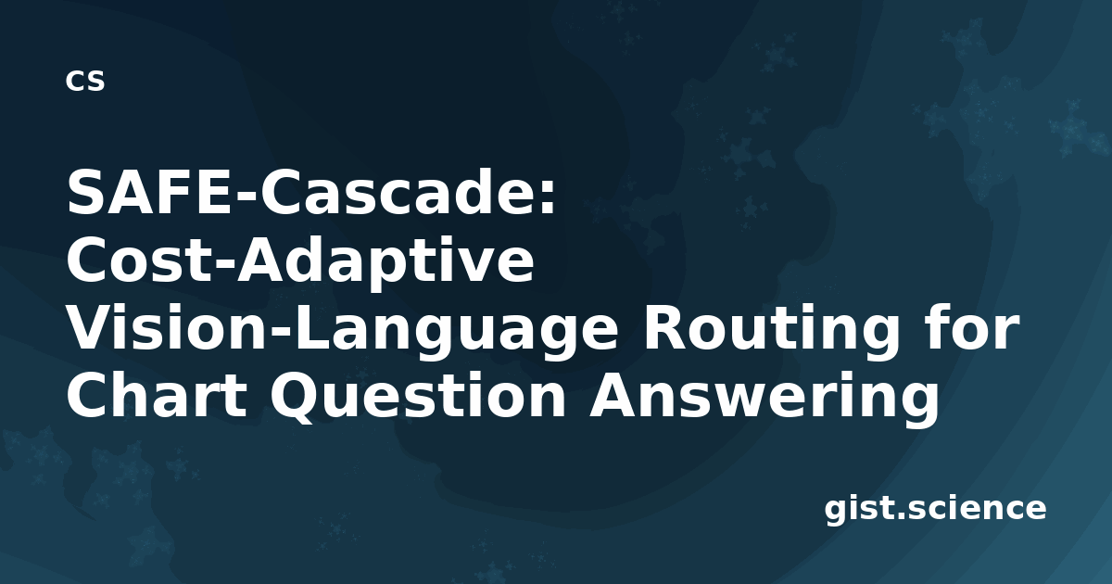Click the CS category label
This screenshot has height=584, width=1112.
pyautogui.click(x=85, y=82)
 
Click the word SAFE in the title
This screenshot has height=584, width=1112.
pyautogui.click(x=150, y=192)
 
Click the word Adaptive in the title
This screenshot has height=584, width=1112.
pyautogui.click(x=385, y=264)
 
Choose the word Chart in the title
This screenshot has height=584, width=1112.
pyautogui.click(x=157, y=395)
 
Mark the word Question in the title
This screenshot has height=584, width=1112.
pyautogui.click(x=418, y=398)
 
